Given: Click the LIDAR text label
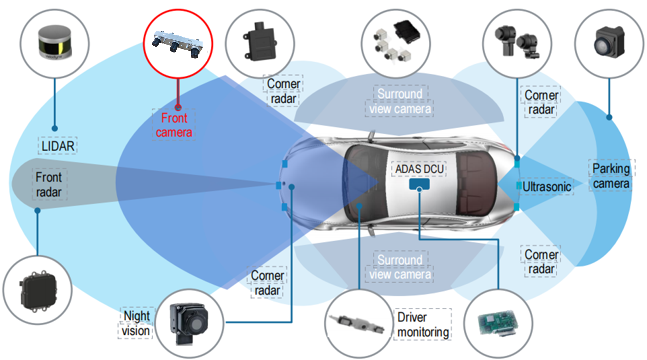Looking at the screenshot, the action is click(58, 146).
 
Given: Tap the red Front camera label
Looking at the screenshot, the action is click(174, 125).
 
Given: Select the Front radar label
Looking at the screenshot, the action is click(49, 185).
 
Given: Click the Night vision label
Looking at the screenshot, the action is click(136, 323).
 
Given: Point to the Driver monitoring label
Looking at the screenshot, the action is click(423, 324).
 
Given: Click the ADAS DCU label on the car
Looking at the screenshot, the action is click(419, 169).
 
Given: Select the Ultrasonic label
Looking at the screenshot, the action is click(547, 187).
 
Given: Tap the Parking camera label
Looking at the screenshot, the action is click(611, 176).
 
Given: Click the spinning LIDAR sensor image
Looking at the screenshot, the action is click(55, 43).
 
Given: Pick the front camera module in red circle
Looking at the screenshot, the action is click(178, 44).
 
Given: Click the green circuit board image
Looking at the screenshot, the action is click(498, 324).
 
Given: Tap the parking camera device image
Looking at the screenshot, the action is click(609, 41).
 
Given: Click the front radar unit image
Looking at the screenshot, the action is click(38, 290).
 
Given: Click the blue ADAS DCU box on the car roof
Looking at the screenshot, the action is click(419, 184).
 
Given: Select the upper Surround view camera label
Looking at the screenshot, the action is click(400, 101).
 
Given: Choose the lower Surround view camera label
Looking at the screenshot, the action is click(400, 267).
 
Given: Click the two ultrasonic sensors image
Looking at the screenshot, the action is click(517, 42).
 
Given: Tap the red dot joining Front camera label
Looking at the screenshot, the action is click(178, 108).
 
